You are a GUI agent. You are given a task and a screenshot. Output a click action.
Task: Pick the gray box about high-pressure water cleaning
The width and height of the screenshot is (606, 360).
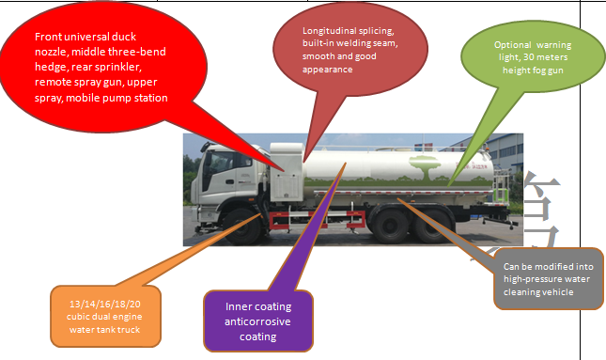[x=548, y=278]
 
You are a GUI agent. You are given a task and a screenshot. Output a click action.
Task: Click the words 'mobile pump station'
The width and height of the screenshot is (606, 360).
[x=122, y=97]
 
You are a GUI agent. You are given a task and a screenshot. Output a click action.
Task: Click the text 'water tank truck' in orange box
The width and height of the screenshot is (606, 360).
[x=109, y=329]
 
